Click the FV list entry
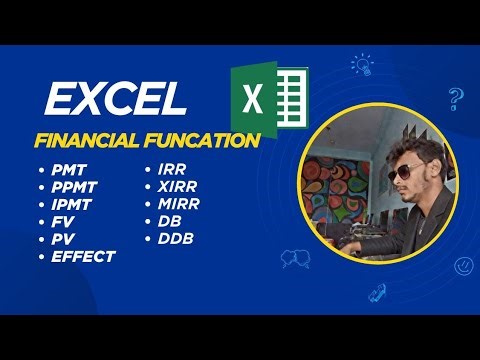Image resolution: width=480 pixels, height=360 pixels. [63, 222]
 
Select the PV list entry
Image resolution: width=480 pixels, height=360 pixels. [63, 239]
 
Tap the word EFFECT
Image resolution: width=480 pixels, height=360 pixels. [83, 256]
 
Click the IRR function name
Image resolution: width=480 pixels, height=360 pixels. [171, 171]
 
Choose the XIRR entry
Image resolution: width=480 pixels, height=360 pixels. [177, 188]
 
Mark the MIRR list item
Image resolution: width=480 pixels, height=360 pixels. [178, 205]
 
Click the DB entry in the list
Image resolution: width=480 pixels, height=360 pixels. [167, 222]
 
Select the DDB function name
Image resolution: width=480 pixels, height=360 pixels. [173, 239]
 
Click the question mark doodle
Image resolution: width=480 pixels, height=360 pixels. [455, 98]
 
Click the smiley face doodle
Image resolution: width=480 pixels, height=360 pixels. [463, 266]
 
